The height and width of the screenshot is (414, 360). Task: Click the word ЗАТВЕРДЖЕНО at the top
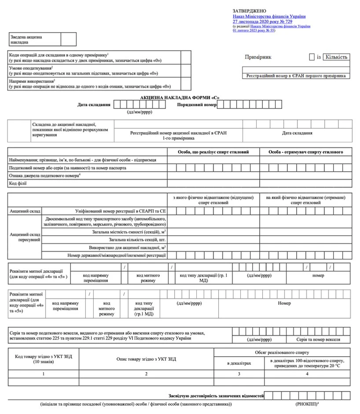[x=249, y=11]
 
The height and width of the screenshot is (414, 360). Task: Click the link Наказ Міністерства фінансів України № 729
[x=269, y=16]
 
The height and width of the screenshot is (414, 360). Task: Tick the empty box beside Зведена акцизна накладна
[x=69, y=39]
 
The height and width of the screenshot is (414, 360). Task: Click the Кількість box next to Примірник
[x=336, y=57]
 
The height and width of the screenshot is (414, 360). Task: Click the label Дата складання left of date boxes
[x=94, y=105]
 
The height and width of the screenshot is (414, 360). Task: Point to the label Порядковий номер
[x=197, y=105]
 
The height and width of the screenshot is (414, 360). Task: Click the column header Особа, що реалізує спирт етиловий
[x=213, y=152]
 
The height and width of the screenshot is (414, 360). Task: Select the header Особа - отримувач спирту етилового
[x=306, y=152]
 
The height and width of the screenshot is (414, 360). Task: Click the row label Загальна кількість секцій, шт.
[x=137, y=240]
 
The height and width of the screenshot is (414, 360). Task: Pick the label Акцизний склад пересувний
[x=25, y=237]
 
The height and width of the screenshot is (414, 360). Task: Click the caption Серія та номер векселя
[x=318, y=340]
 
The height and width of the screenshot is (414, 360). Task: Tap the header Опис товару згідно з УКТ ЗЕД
[x=146, y=359]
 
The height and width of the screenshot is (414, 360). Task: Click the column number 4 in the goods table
[x=307, y=374]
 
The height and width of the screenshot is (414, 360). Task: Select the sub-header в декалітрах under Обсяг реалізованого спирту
[x=239, y=363]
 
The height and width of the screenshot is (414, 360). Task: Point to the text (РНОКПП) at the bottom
[x=306, y=404]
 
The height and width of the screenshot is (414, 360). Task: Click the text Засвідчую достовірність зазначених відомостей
[x=216, y=396]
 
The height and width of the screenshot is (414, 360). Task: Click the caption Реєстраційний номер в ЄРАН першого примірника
[x=296, y=76]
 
